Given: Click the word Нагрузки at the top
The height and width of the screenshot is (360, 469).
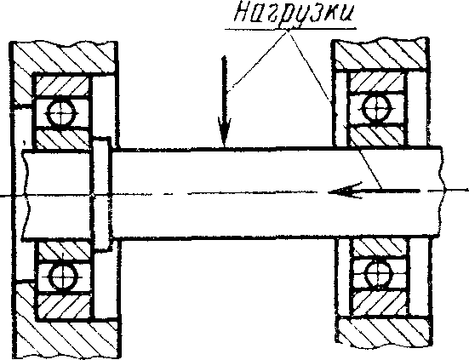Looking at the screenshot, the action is pyautogui.click(x=294, y=14).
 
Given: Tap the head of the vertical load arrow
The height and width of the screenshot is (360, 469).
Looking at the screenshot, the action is pyautogui.click(x=224, y=132).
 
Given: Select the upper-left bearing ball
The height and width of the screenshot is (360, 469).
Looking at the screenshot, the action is pyautogui.click(x=61, y=113).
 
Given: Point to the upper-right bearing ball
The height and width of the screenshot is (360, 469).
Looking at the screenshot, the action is pyautogui.click(x=376, y=108).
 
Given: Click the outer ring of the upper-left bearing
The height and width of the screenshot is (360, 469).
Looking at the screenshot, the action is pyautogui.click(x=62, y=86).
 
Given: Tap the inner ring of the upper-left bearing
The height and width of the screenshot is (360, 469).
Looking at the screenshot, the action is pyautogui.click(x=63, y=139).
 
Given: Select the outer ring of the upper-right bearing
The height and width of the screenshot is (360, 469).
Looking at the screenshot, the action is pyautogui.click(x=377, y=82).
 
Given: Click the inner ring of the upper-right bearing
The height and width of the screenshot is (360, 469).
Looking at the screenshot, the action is pyautogui.click(x=377, y=135).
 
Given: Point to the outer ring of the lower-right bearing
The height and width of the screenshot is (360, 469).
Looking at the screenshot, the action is pyautogui.click(x=380, y=302).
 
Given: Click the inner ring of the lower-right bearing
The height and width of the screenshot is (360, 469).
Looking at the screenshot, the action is pyautogui.click(x=380, y=249).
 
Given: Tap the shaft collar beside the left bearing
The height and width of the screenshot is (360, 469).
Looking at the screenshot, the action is pyautogui.click(x=102, y=193).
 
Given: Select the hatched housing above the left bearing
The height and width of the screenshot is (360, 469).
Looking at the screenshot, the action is pyautogui.click(x=62, y=57).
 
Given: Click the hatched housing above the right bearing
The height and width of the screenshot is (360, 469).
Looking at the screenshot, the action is pyautogui.click(x=380, y=54).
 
